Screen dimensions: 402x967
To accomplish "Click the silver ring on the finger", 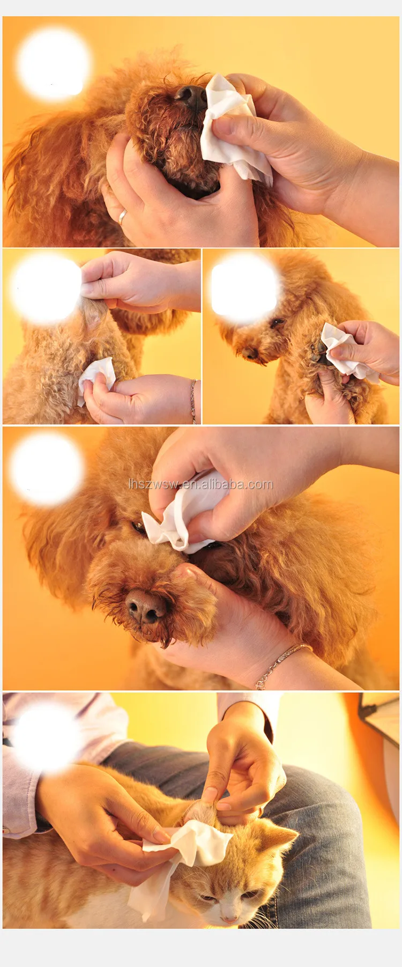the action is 122,216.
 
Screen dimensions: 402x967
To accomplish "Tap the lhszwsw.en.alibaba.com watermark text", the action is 200,484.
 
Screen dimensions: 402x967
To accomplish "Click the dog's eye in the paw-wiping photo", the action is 277,323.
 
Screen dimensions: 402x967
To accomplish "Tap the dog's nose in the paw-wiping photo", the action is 249,353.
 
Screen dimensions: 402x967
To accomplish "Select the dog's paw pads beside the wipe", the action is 319,351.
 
